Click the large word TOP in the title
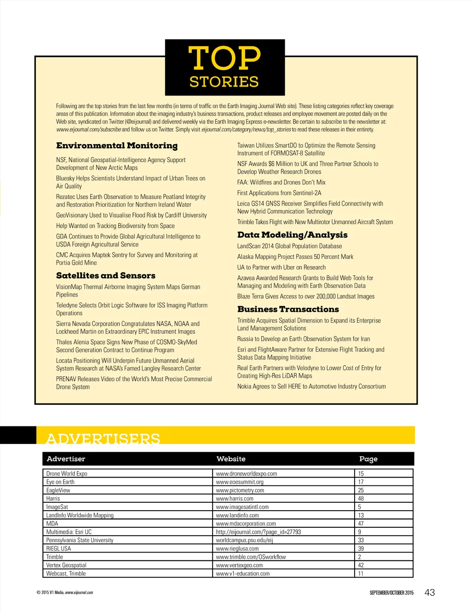tap(224, 58)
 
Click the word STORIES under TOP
tap(224, 82)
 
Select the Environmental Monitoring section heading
tap(117, 146)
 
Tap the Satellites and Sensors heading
tap(106, 276)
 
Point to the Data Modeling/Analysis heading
tap(292, 235)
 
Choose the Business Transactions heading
tap(288, 309)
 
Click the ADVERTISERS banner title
tap(103, 438)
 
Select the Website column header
tap(231, 459)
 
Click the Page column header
tap(368, 459)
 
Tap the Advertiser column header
tap(66, 459)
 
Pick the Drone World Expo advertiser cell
tap(67, 473)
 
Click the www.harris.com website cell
tap(235, 498)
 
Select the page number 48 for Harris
tap(361, 498)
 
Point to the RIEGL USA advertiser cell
tap(58, 548)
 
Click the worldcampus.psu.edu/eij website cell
tap(244, 540)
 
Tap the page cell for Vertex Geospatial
tap(361, 565)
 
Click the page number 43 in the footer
tap(430, 593)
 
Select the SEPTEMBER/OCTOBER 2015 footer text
tap(391, 593)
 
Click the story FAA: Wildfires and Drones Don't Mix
tap(281, 182)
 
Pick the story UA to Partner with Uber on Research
tap(281, 268)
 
